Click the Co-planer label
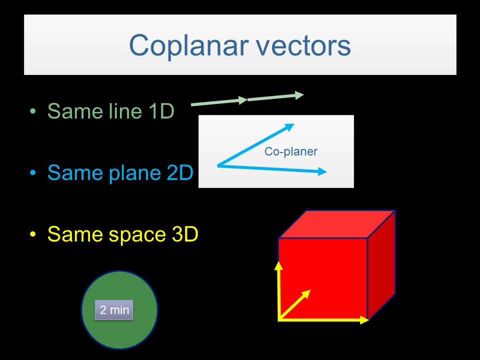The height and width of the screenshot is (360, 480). click(x=290, y=151)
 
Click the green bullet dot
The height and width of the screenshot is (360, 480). click(x=33, y=111)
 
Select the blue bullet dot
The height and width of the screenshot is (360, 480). click(x=33, y=173)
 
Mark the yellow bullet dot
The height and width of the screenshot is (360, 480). click(x=33, y=235)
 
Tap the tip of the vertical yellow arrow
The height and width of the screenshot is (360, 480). click(x=278, y=261)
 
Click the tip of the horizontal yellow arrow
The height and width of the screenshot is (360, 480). click(x=367, y=319)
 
